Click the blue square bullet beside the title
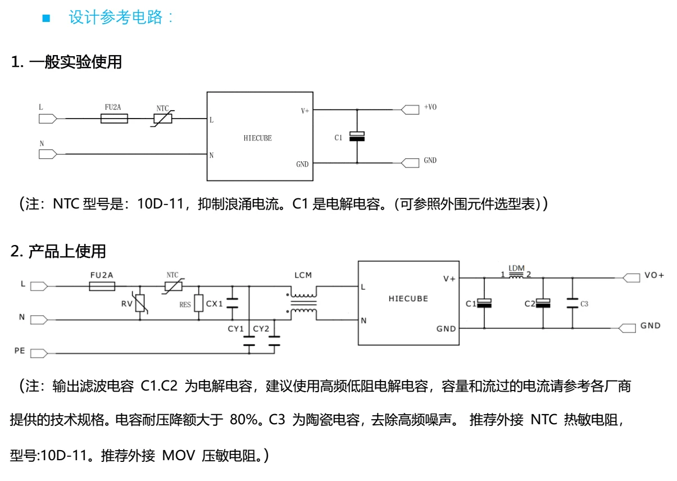coord(46,18)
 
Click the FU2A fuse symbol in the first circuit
coord(114,119)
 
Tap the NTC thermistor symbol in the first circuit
coord(162,119)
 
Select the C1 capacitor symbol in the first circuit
coord(357,137)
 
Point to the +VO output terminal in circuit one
coord(410,110)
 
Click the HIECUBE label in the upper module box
coord(258,138)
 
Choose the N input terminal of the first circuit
coord(48,154)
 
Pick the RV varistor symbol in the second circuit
coord(140,303)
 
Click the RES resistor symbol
coord(198,303)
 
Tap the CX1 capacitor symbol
coord(232,303)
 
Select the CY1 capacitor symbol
coord(249,341)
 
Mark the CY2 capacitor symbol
coord(274,341)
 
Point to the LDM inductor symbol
coord(516,276)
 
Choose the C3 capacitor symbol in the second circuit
coord(573,303)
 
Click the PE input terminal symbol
coord(39,353)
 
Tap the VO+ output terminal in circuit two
coord(631,278)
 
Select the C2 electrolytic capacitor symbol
coord(543,303)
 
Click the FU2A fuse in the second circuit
coord(102,287)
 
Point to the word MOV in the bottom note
coord(179,456)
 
